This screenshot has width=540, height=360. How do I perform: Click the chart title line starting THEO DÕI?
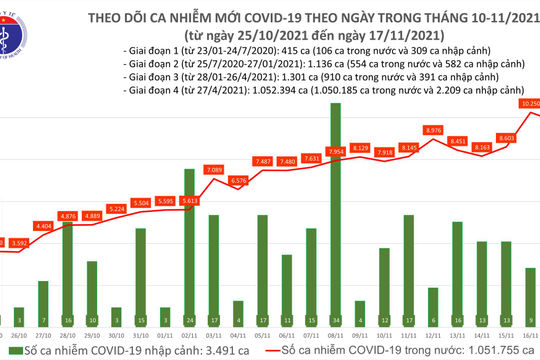pyautogui.click(x=300, y=12)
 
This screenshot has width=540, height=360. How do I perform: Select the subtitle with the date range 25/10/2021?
pyautogui.click(x=300, y=30)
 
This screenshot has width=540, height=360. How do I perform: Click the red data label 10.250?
pyautogui.click(x=530, y=102)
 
